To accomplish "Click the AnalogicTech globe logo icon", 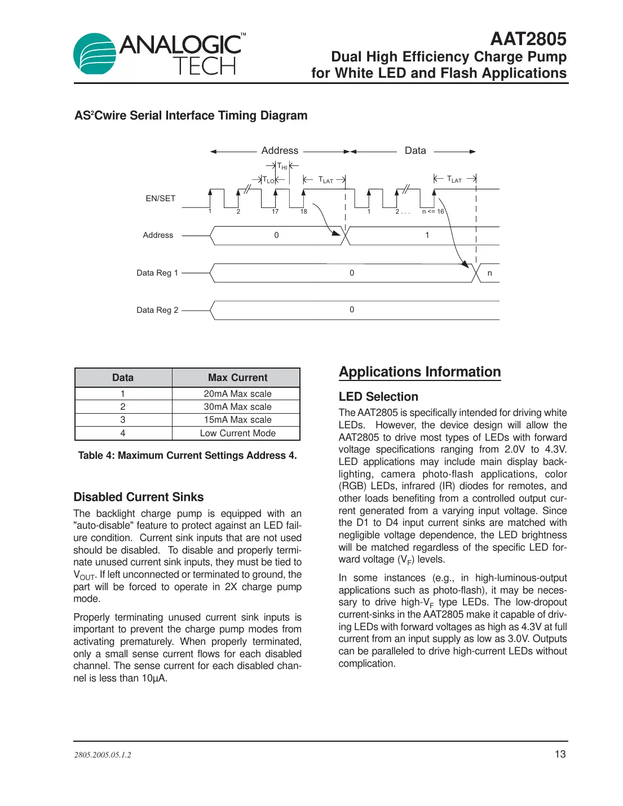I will (94, 54).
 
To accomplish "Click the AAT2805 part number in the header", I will (528, 39).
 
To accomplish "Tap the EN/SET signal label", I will (161, 198).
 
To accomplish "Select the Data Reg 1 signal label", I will (157, 273).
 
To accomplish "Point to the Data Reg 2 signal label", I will (157, 310).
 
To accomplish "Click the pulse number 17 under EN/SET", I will (275, 212).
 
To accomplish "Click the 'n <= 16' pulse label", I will (433, 212).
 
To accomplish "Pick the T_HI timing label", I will (282, 166).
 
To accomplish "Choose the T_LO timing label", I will (268, 180).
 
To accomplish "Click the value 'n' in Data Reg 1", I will (489, 273).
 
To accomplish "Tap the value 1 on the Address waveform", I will (427, 235).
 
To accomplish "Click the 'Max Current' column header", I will (237, 378).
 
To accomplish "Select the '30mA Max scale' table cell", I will (237, 407).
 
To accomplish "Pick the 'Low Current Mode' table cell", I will (237, 433).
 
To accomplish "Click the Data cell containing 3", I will (123, 420).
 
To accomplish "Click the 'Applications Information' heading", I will (419, 372).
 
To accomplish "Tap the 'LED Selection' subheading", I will (378, 397).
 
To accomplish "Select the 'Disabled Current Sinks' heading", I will (139, 497).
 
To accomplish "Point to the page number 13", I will (560, 754).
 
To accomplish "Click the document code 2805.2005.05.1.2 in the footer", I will (103, 755).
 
